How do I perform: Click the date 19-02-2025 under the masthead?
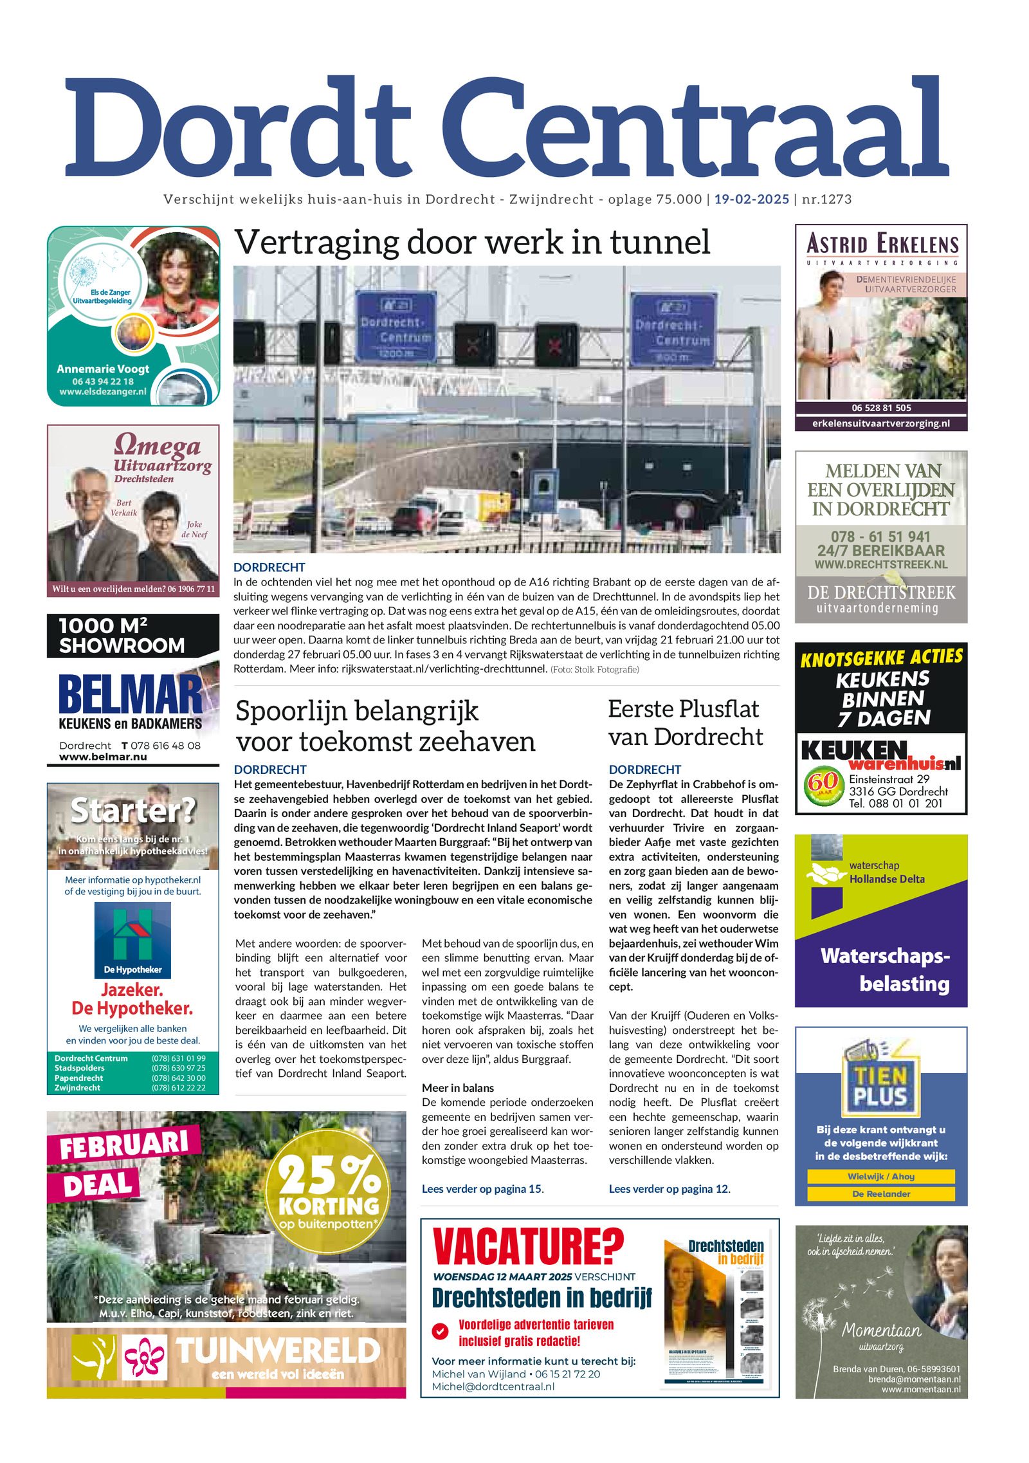click(751, 199)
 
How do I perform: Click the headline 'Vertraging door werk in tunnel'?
click(472, 243)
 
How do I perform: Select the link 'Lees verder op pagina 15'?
click(482, 1188)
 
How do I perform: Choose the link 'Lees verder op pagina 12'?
click(669, 1188)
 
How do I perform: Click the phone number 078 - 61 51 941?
click(880, 536)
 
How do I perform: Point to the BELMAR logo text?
click(131, 695)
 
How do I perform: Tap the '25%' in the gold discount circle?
click(329, 1175)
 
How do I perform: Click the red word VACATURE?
click(528, 1246)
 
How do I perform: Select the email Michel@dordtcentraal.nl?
click(493, 1386)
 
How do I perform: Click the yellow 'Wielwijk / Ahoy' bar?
click(880, 1176)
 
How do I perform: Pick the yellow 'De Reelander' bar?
click(880, 1193)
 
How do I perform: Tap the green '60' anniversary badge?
click(823, 784)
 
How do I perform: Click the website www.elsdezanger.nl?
click(103, 391)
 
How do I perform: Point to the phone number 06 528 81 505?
click(881, 408)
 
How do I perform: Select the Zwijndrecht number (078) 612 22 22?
click(178, 1087)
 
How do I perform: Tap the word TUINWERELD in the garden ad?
click(278, 1350)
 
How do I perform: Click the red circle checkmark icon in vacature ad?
click(441, 1331)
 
